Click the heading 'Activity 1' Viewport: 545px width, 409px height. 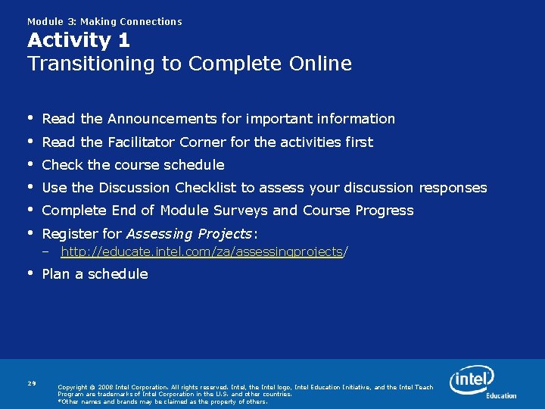tap(79, 41)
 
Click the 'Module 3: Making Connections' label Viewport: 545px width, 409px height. tap(104, 22)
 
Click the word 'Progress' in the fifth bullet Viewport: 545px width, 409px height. tap(385, 211)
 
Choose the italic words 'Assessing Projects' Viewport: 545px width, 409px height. tap(189, 233)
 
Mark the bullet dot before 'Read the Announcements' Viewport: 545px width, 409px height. tap(31, 118)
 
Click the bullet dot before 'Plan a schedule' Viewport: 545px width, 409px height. tap(31, 273)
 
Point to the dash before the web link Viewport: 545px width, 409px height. tap(46, 251)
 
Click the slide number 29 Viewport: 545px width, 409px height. tap(32, 383)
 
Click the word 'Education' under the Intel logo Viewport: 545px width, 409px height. tap(501, 396)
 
